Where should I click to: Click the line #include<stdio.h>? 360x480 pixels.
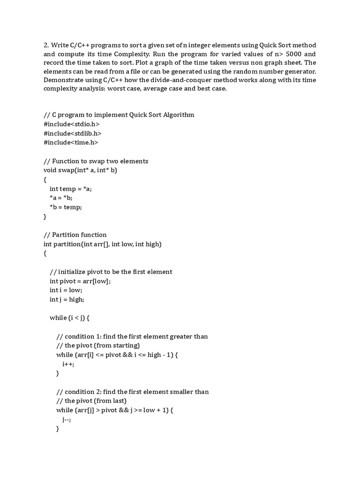click(71, 124)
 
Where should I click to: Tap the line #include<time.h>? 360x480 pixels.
click(71, 142)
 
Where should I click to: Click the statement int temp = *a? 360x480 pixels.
click(72, 188)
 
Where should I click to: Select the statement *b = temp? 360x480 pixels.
click(66, 207)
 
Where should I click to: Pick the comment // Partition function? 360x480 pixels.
click(75, 235)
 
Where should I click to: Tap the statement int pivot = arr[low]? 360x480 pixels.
click(80, 281)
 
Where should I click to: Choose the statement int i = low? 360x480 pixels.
click(66, 290)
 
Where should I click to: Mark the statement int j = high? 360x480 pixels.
click(67, 300)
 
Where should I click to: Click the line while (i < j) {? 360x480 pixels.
click(69, 318)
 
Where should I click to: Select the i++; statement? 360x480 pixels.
click(68, 364)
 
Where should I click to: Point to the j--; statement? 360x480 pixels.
click(67, 420)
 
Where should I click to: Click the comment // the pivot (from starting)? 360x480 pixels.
click(98, 345)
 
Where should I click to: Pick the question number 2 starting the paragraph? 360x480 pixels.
click(46, 45)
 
